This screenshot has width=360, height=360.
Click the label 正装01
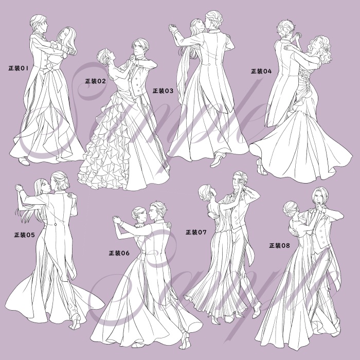pos(18,68)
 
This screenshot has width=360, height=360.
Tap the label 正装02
pos(96,81)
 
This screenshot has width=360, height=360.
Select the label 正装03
pos(163,91)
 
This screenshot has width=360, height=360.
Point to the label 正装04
pos(261,71)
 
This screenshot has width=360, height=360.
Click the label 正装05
pos(25,235)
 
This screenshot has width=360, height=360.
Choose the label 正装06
pos(119,253)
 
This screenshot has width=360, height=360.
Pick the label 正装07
pos(196,232)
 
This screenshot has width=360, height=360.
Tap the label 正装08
pos(280,245)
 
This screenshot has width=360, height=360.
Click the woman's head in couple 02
pos(105,56)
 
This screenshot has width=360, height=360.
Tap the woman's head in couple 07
pos(206,192)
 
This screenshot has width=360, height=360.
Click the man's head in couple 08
pos(319,196)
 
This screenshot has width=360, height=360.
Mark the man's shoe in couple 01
pos(24,160)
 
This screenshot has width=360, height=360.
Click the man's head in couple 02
pos(140,47)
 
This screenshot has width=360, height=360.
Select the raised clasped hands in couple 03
pos(174,28)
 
